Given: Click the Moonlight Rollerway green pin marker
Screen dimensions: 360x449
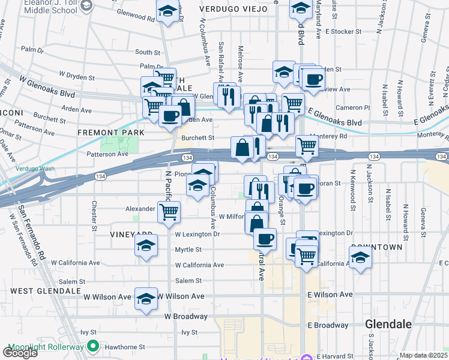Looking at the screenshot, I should [92, 346].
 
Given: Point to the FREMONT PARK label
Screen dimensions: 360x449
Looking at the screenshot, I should [111, 132].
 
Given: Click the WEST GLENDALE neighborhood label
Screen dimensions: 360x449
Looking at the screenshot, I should [45, 291].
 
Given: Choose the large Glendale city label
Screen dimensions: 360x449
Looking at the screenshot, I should [388, 324].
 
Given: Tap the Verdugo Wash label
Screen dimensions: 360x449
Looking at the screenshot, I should [35, 169].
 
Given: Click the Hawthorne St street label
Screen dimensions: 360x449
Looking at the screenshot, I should [126, 347].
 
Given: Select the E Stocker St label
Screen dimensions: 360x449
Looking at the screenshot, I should [343, 31].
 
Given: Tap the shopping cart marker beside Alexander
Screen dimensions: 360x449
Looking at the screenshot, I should [169, 211].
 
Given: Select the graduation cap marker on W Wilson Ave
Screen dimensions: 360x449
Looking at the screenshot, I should [145, 298].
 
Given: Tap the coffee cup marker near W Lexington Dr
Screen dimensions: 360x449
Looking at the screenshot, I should [265, 239].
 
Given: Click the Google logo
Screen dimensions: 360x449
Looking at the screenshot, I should [20, 353].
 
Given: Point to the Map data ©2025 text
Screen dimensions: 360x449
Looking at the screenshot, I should [424, 355].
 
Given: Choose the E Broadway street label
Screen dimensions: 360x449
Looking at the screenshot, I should [328, 325].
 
